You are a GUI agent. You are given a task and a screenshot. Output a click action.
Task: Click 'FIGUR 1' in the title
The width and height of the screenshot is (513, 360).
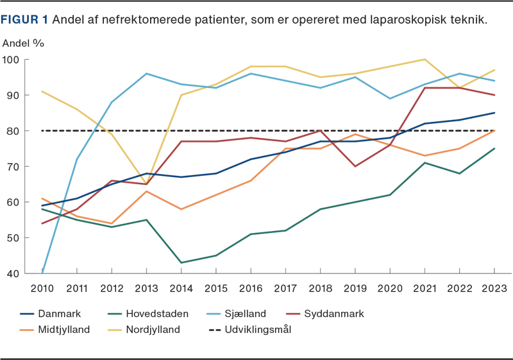click(x=25, y=19)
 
